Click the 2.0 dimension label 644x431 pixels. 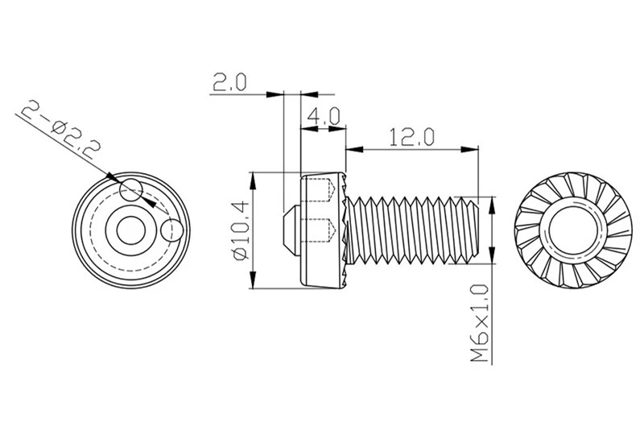pyautogui.click(x=229, y=82)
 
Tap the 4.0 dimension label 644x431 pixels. pyautogui.click(x=324, y=116)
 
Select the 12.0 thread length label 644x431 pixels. pyautogui.click(x=411, y=137)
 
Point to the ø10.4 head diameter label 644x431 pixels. pyautogui.click(x=241, y=230)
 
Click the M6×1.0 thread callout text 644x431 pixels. pyautogui.click(x=480, y=323)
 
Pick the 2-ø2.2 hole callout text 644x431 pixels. pyautogui.click(x=60, y=129)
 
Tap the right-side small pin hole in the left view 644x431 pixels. pyautogui.click(x=172, y=230)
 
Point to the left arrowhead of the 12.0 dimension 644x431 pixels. pyautogui.click(x=355, y=150)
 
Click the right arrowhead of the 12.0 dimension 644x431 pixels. pyautogui.click(x=470, y=150)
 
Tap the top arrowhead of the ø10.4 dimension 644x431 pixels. pyautogui.click(x=254, y=181)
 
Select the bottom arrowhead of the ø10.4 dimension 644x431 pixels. pyautogui.click(x=254, y=280)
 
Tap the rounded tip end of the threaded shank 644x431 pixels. pyautogui.click(x=476, y=230)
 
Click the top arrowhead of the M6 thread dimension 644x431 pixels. pyautogui.click(x=492, y=206)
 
